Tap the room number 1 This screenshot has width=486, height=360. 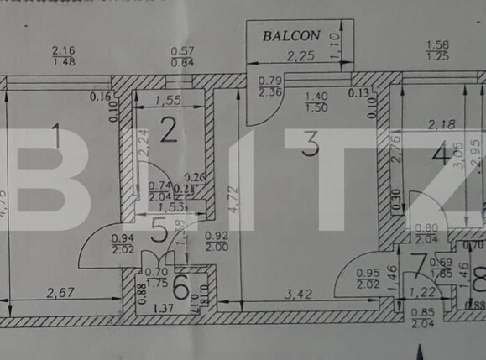tap(55, 135)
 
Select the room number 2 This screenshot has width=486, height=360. tap(169, 130)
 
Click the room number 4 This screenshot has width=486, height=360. tap(440, 156)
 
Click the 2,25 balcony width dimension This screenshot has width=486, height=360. tap(301, 57)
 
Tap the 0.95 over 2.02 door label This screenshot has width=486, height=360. tap(368, 279)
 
